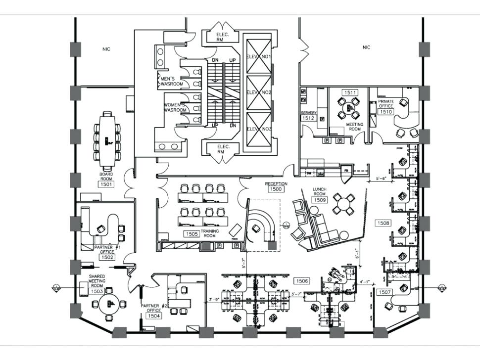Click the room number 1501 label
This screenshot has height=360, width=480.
[106, 184]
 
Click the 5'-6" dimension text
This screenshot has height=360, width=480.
[384, 179]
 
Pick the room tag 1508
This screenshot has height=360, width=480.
[384, 224]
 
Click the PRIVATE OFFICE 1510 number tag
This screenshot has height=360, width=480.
[385, 112]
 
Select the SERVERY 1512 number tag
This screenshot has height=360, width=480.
[309, 119]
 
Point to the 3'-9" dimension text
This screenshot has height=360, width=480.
[214, 299]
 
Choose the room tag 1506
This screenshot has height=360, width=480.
[302, 281]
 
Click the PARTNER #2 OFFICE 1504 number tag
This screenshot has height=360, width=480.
[154, 315]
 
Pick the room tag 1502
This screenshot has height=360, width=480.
[107, 257]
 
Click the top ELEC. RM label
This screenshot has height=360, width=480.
[221, 37]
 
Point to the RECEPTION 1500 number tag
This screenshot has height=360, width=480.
[276, 189]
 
